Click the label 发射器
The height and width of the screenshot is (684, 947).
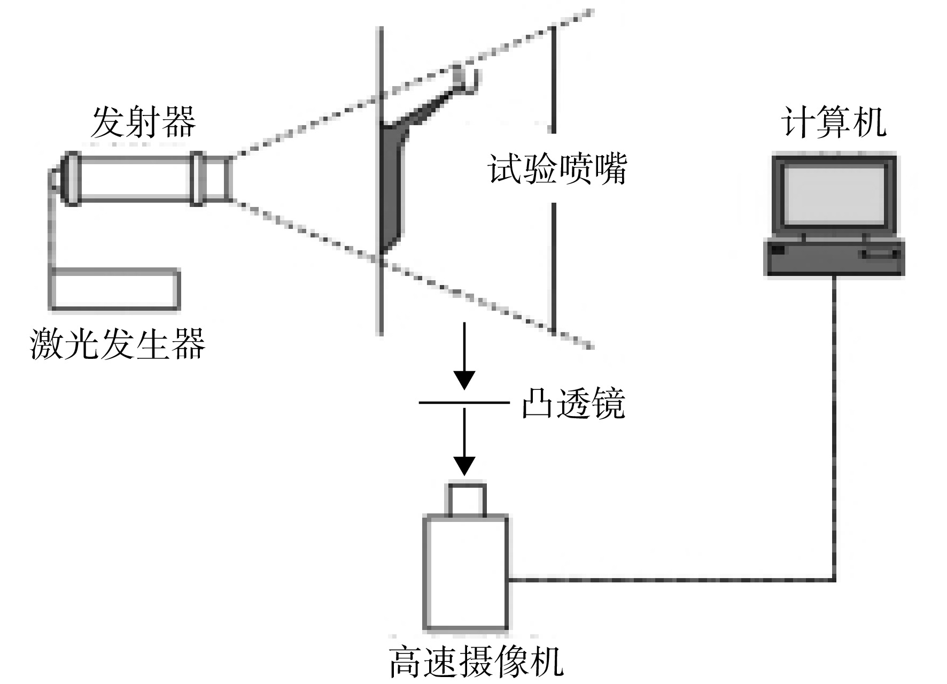coord(143,122)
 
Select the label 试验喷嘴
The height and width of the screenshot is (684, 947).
coord(557,168)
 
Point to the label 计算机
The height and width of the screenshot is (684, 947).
coord(834,122)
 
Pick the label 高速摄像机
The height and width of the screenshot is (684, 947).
coord(476,662)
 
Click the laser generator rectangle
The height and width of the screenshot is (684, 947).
coord(114,289)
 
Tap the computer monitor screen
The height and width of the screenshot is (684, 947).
coord(834,195)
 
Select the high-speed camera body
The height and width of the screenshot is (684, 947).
coord(465,572)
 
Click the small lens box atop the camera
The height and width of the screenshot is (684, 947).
coord(467,499)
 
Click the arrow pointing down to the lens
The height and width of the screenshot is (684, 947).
coord(464,356)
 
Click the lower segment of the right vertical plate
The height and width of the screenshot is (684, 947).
coord(553,267)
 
